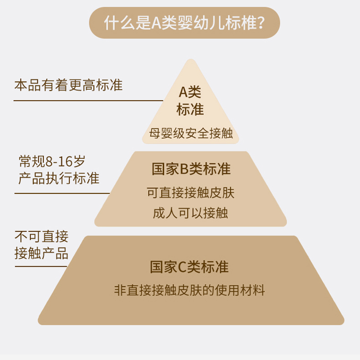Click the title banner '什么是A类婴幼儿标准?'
point(184,22)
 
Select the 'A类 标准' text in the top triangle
point(190,101)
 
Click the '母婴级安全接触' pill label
point(190,133)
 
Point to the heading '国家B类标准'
point(191,169)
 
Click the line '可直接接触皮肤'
point(190,193)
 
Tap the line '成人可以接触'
point(190,213)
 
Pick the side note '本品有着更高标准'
point(68,85)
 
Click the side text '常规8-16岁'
point(52,161)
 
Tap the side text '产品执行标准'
point(59,178)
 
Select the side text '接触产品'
point(41,254)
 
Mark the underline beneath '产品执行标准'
point(62,193)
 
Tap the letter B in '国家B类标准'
point(185,169)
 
